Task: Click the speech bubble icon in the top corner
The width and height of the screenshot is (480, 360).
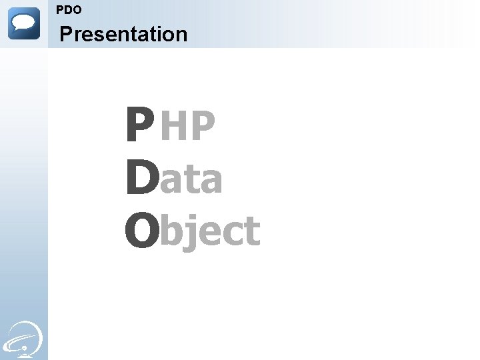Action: pyautogui.click(x=24, y=23)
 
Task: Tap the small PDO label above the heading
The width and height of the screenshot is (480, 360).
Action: pyautogui.click(x=69, y=10)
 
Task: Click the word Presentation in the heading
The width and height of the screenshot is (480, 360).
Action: pyautogui.click(x=123, y=34)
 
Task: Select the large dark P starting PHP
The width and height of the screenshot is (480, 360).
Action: pyautogui.click(x=139, y=127)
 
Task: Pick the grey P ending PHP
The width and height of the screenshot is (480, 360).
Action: pyautogui.click(x=203, y=127)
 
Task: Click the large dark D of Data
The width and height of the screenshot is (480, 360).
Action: pyautogui.click(x=141, y=179)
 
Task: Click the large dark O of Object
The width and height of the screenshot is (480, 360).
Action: pyautogui.click(x=141, y=230)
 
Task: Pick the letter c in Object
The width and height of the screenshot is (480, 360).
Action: pyautogui.click(x=231, y=233)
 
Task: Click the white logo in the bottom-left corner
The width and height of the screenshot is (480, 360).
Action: pyautogui.click(x=24, y=337)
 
